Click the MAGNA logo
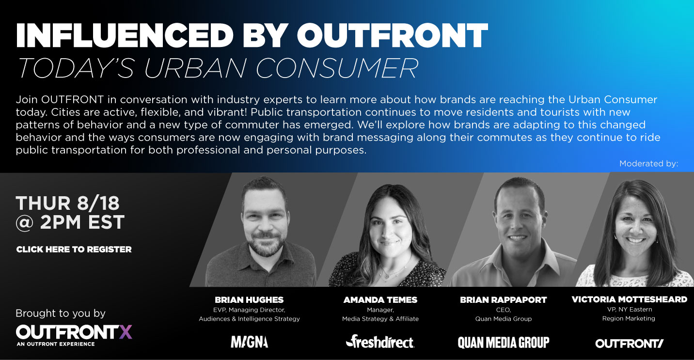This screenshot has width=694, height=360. [x=250, y=342]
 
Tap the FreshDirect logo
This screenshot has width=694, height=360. [x=380, y=342]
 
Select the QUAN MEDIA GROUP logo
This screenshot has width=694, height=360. [x=504, y=343]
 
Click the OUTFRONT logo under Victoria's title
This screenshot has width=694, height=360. [x=629, y=343]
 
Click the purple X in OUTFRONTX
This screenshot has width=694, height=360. [x=126, y=332]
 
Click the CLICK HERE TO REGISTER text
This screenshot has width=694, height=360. [x=74, y=250]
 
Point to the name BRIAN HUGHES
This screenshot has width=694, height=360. [x=249, y=300]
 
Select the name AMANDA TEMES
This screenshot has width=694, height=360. [x=380, y=300]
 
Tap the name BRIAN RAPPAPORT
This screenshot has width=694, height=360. [x=504, y=300]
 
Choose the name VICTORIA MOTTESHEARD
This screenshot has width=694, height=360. [x=629, y=299]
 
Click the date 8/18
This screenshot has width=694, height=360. [x=98, y=203]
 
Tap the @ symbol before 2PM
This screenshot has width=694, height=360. [x=25, y=223]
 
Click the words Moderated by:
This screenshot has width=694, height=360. [x=649, y=164]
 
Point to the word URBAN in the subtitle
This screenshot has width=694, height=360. [x=195, y=68]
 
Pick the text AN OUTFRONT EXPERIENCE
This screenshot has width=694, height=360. [x=56, y=344]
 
